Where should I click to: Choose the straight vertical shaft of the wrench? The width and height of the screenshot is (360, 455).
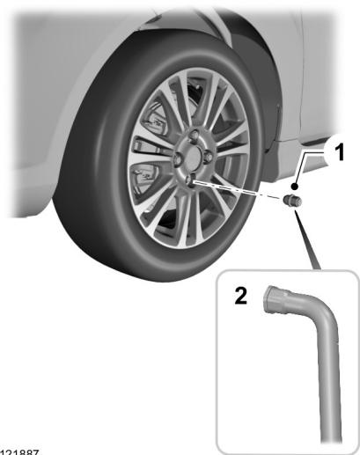[332, 387]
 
